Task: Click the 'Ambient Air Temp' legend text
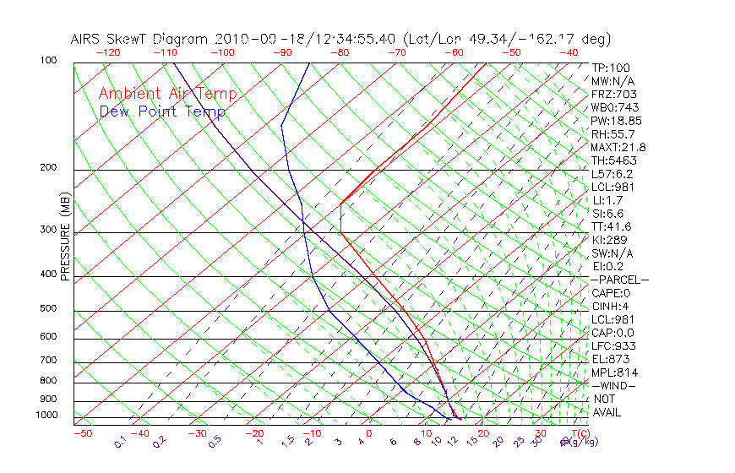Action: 167,94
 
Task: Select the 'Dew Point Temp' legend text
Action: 161,111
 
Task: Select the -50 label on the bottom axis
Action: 82,433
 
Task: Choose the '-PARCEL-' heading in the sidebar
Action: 619,280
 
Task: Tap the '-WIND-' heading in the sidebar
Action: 614,385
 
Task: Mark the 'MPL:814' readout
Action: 614,372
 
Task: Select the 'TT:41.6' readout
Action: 611,226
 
